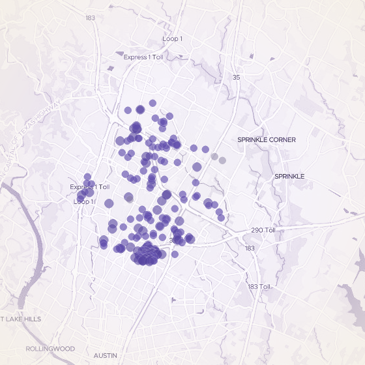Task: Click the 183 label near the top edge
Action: [90, 18]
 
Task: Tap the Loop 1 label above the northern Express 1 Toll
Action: [173, 39]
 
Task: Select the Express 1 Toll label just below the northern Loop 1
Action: [143, 57]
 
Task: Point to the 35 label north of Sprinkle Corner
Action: [236, 78]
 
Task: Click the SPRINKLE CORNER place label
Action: [267, 140]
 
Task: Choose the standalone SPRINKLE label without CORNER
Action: [289, 177]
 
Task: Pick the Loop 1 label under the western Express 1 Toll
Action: [83, 201]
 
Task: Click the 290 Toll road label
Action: [264, 231]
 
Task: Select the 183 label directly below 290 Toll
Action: [250, 248]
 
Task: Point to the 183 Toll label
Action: [259, 287]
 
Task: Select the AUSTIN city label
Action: [106, 355]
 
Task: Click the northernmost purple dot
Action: [153, 103]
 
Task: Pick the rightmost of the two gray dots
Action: [222, 160]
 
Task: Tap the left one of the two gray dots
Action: [214, 156]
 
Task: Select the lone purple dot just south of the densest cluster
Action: [175, 254]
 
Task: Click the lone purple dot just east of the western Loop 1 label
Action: [109, 203]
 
